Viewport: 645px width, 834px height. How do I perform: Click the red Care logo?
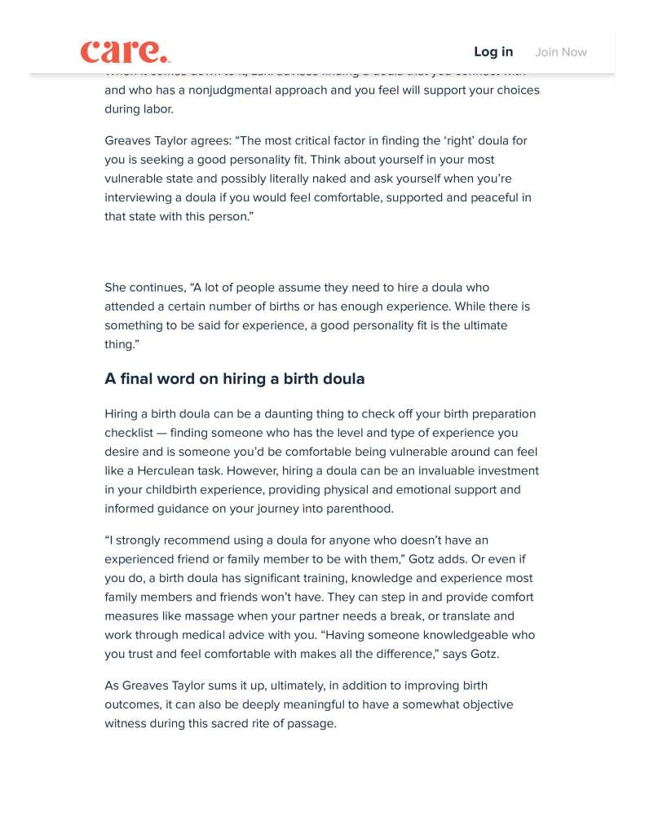[x=125, y=51]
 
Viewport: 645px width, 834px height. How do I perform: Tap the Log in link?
[x=493, y=52]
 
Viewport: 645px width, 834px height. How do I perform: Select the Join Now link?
[x=561, y=52]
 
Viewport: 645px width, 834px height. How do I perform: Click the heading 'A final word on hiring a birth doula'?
[x=235, y=379]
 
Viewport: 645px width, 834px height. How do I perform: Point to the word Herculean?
[x=179, y=471]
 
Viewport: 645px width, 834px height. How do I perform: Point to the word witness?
[x=126, y=724]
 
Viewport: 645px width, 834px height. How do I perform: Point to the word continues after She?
[x=157, y=288]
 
